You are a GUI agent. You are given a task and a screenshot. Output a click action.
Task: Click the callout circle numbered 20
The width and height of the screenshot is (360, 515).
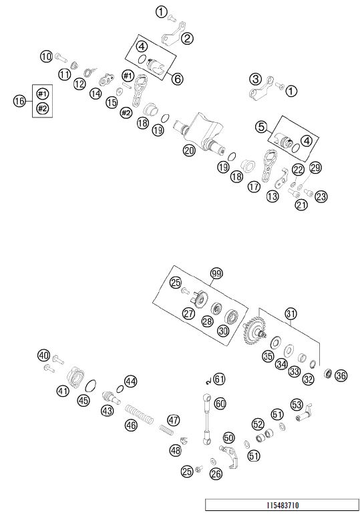(189, 150)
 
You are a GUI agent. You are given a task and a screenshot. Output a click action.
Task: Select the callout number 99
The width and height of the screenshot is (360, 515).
(216, 273)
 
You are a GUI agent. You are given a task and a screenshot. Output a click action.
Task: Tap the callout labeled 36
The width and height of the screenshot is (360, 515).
(341, 375)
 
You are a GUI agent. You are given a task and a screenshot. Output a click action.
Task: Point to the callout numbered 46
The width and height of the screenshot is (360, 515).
(131, 425)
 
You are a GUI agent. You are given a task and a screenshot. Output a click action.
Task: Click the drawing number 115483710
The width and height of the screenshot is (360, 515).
(283, 505)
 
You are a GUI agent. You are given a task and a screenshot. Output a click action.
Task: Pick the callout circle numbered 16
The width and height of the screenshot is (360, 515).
(19, 101)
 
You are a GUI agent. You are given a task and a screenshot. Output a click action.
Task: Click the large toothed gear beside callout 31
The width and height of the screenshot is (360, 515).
(254, 332)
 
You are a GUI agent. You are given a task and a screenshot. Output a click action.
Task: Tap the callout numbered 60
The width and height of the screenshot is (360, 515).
(220, 403)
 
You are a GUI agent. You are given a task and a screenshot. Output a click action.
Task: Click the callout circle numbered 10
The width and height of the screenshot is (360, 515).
(46, 57)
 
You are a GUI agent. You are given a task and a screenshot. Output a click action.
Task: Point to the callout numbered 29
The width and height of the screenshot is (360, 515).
(315, 168)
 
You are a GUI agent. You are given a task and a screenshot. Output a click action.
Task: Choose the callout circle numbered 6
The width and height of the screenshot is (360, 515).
(177, 78)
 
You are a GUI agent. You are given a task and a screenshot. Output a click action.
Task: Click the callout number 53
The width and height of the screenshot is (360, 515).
(297, 405)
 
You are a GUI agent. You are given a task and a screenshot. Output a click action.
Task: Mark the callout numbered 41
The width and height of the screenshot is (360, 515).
(63, 391)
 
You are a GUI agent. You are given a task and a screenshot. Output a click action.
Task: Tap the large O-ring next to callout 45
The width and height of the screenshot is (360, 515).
(91, 386)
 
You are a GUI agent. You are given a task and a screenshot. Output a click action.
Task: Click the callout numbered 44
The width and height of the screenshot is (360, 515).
(131, 381)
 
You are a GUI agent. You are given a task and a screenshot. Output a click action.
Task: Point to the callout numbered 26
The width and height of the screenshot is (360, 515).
(216, 474)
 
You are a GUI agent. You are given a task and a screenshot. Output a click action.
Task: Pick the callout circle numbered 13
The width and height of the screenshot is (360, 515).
(273, 196)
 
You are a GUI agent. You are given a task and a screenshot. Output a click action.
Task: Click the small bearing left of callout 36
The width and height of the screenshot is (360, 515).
(328, 373)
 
